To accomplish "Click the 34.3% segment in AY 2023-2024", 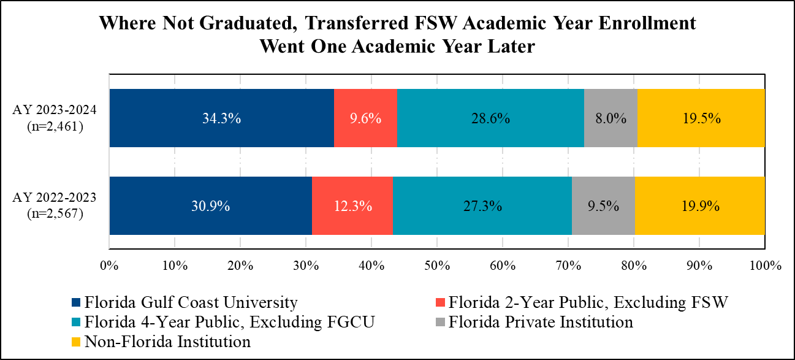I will click(221, 118).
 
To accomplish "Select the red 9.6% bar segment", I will click(365, 118).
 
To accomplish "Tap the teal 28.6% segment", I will click(490, 118).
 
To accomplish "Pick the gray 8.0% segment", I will click(611, 118).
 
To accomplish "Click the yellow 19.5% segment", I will click(701, 118).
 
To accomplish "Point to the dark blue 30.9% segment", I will click(210, 206).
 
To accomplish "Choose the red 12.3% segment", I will click(352, 206).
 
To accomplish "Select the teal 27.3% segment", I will click(482, 206).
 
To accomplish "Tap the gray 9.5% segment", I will click(603, 206).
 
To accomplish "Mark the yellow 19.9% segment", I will click(699, 206).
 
